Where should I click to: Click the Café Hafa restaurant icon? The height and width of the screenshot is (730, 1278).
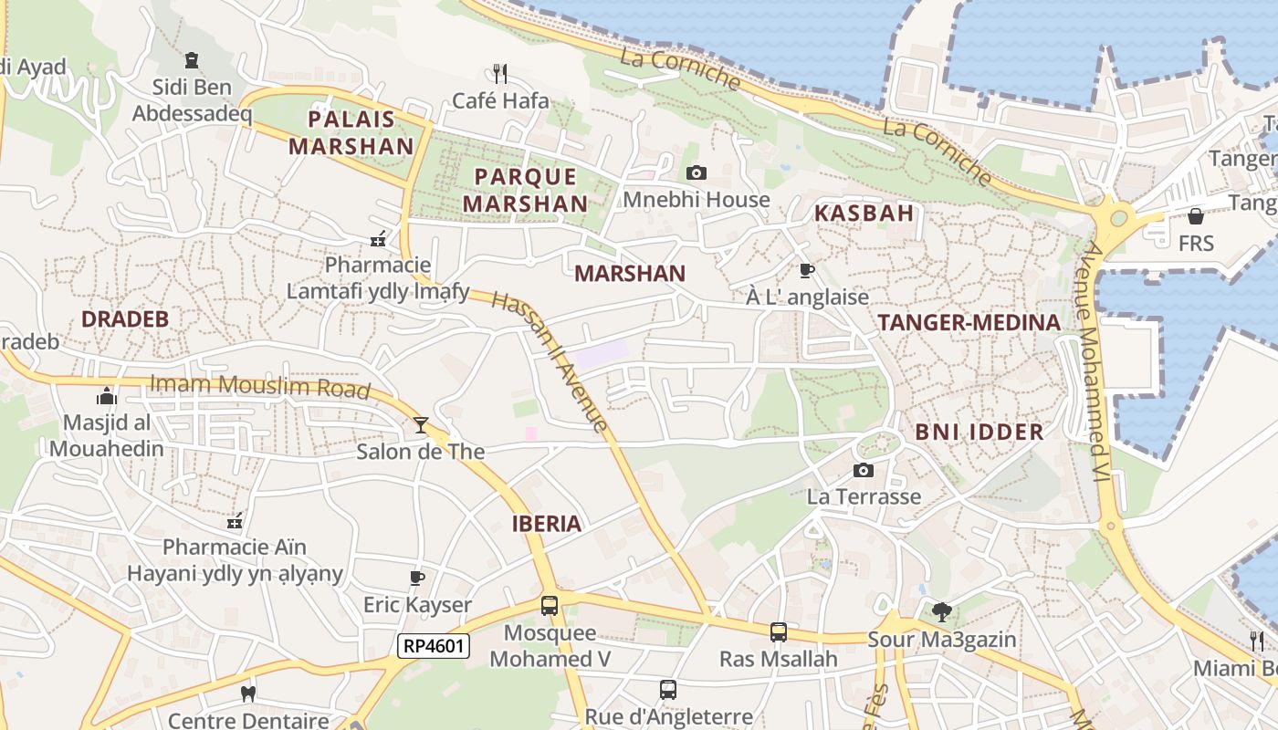coord(499,72)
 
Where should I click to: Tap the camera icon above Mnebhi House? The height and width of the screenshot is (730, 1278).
coord(696,172)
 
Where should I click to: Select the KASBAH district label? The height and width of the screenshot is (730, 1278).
coord(863,214)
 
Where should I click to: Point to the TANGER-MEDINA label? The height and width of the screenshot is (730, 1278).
coord(969,322)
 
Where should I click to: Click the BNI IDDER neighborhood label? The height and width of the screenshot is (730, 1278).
coord(979,433)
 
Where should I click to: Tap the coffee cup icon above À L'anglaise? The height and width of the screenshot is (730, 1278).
coord(806,270)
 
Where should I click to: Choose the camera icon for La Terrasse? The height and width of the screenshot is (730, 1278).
coord(863,471)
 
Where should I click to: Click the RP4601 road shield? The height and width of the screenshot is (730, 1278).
coord(435,646)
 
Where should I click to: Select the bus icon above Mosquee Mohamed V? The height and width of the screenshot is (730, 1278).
coord(550,605)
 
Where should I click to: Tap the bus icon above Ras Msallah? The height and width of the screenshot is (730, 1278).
coord(778,631)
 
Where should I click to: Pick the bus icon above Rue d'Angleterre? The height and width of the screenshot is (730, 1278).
coord(668,690)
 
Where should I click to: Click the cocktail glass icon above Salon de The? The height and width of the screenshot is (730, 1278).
coord(420,424)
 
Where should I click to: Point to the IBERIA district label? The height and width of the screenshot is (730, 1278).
coord(547,524)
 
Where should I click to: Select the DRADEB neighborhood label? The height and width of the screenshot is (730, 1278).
coord(125,319)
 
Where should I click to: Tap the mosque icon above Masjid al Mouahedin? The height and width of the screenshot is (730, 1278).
coord(107,397)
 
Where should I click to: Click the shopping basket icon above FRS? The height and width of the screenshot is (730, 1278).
coord(1195,216)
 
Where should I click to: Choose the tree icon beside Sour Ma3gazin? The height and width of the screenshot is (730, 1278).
coord(942,612)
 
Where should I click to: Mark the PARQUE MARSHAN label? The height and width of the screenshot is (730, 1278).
coord(525,190)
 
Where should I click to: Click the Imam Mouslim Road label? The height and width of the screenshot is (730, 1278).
coord(260,387)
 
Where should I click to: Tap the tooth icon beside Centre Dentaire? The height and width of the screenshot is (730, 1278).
coord(246,693)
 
